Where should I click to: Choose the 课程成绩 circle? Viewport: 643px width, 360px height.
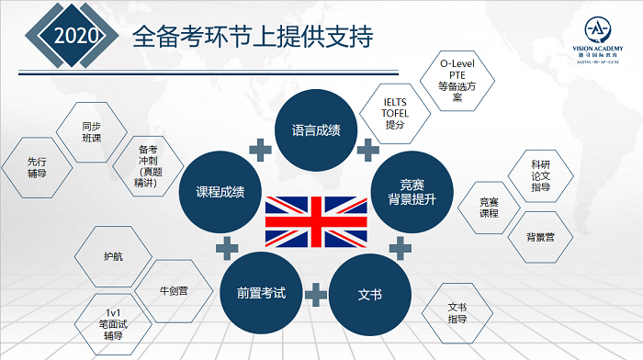[220, 192]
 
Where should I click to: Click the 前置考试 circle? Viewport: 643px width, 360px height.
[261, 294]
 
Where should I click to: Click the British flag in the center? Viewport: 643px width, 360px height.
[315, 220]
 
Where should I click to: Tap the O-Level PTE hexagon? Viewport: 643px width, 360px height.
[460, 83]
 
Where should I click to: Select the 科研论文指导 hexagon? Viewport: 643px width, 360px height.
[540, 172]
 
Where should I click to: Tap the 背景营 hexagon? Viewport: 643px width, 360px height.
[538, 238]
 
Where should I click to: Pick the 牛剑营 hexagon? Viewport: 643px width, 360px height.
[173, 294]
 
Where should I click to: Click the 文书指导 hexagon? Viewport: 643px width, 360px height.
[457, 314]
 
